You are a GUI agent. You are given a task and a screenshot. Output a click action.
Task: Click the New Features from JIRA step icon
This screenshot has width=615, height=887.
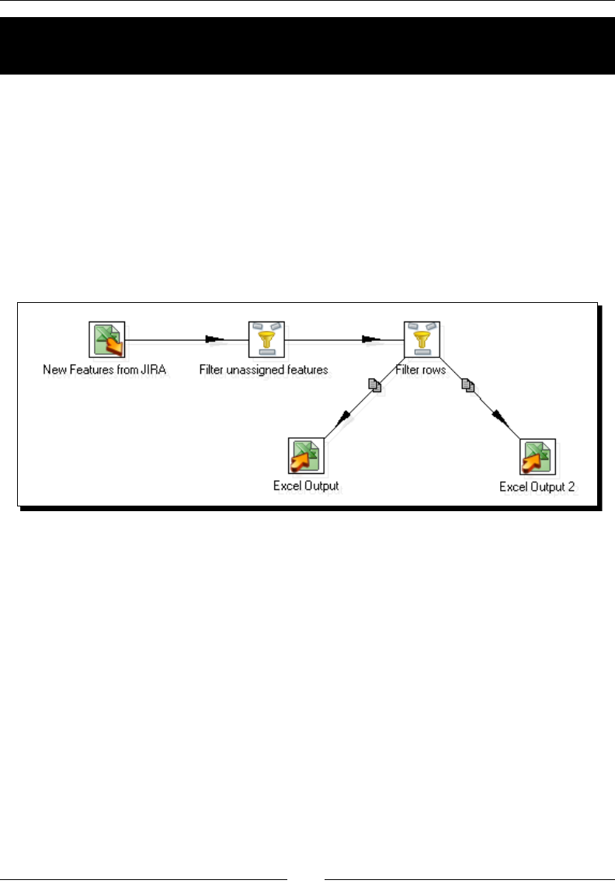(x=106, y=339)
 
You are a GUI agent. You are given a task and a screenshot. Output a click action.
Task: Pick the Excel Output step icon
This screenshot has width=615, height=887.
(x=306, y=456)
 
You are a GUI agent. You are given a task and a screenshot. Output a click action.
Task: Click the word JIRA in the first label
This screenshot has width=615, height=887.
(x=155, y=370)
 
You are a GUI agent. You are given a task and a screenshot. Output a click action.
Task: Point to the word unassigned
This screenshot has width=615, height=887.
(x=257, y=370)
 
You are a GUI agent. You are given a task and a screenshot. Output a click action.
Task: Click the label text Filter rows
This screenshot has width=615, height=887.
(x=421, y=370)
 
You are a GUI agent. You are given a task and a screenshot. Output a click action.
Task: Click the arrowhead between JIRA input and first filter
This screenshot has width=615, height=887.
(x=214, y=339)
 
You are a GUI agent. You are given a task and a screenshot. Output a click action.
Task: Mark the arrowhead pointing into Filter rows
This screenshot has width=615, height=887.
(x=370, y=339)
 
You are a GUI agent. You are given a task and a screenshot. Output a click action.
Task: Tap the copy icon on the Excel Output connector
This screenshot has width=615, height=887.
(x=375, y=385)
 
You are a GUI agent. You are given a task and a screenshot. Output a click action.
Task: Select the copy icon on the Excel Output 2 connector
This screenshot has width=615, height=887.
(x=468, y=385)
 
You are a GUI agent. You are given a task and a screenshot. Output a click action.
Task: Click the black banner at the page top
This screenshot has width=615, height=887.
(x=307, y=45)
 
